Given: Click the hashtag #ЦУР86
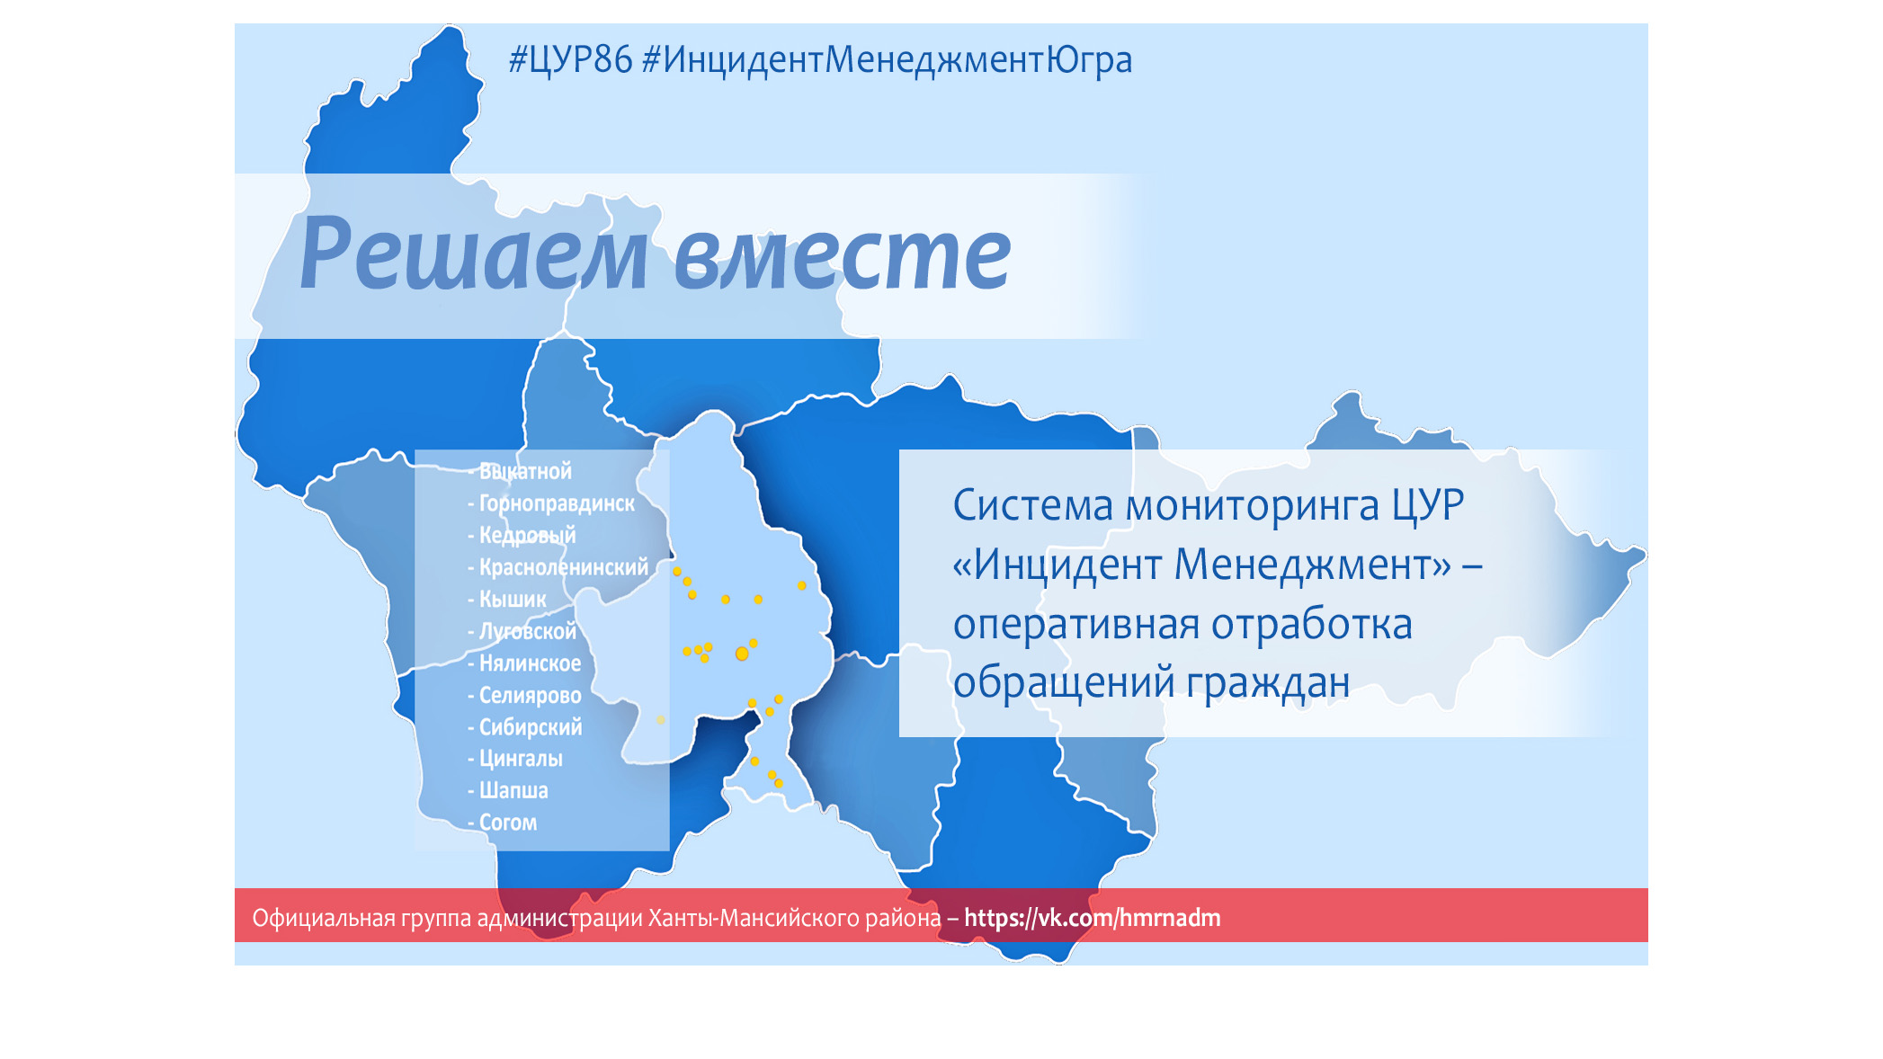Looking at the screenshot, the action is [570, 60].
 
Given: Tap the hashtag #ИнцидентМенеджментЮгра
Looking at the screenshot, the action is [888, 60].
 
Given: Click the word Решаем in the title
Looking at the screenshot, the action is [473, 256].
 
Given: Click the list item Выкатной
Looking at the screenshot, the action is [525, 471].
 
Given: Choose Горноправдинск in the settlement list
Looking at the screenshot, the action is [557, 503].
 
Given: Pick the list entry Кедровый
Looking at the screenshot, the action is [527, 535].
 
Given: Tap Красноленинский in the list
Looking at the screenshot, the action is [563, 567].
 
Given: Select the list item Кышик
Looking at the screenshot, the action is [513, 599].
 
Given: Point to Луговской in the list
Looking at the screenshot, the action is [528, 631].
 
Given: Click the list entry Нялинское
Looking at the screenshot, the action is [530, 663].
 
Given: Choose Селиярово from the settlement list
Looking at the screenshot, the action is [530, 695].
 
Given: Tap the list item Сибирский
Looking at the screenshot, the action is [531, 726].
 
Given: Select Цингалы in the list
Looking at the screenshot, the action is [521, 759].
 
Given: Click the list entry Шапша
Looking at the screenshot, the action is [513, 790].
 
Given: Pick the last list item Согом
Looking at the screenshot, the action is [508, 823].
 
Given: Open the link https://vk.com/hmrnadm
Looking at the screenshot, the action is [1093, 918].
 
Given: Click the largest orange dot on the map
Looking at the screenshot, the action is [742, 654].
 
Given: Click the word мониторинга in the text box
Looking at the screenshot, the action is [1253, 505].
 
